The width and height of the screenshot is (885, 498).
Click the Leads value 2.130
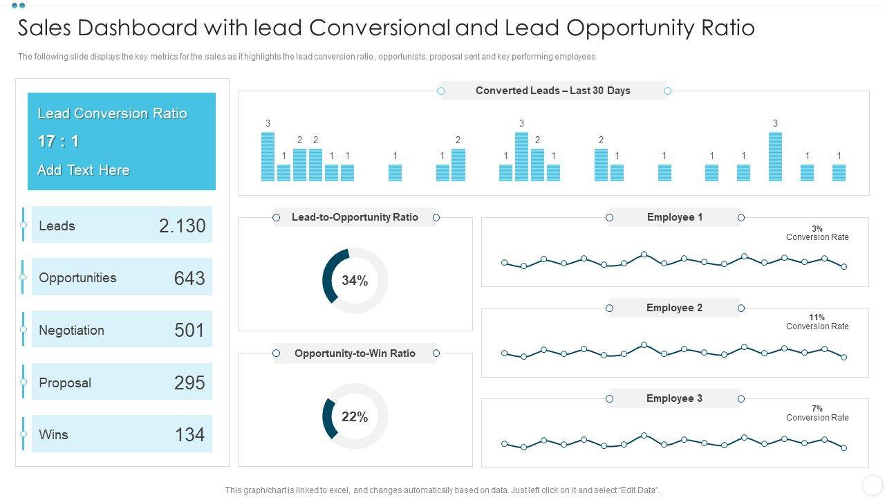click(x=182, y=226)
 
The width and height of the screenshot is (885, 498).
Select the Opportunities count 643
click(x=189, y=278)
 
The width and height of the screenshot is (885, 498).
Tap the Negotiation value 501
click(x=189, y=331)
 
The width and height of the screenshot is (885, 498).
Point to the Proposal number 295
click(x=189, y=382)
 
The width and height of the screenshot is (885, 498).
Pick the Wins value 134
click(x=189, y=435)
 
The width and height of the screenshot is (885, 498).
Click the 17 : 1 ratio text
click(x=58, y=142)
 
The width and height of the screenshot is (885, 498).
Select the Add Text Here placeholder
click(x=84, y=170)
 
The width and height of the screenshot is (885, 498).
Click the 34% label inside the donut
click(x=355, y=281)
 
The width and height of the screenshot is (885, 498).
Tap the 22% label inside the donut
click(x=355, y=417)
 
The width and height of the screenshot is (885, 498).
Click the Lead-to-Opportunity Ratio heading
click(x=355, y=217)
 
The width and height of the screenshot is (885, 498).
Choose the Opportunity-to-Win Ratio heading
click(x=355, y=353)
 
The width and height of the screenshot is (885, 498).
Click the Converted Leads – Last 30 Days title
click(x=552, y=91)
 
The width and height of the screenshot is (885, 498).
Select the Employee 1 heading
click(x=675, y=217)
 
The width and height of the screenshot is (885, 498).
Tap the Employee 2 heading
click(x=675, y=308)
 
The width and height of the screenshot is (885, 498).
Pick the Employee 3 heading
click(x=675, y=398)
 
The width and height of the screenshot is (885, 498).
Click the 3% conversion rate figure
click(x=817, y=229)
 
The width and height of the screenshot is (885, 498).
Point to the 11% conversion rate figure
click(x=817, y=317)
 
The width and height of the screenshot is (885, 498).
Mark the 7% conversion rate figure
click(x=817, y=409)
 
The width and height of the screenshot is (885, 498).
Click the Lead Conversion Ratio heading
click(x=112, y=113)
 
